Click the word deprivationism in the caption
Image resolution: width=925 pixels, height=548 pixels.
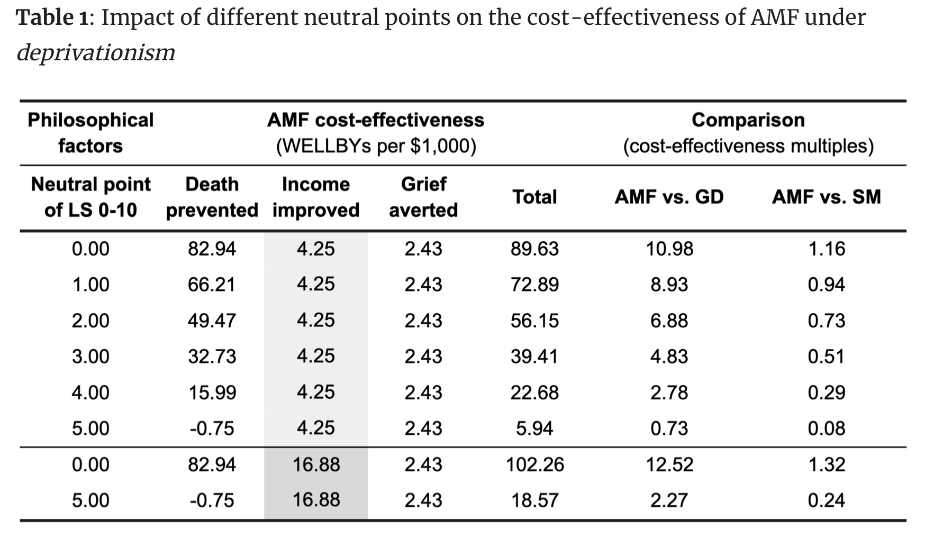coord(96,53)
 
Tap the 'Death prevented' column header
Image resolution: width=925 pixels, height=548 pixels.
coord(212,197)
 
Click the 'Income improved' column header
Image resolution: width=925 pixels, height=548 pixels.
coord(316,197)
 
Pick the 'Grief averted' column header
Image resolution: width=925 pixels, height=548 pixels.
coord(423,197)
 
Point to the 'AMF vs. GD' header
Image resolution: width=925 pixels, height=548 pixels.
coord(669,197)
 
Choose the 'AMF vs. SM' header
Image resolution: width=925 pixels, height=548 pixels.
coord(826,197)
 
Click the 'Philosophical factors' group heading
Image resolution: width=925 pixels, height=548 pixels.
coord(90,133)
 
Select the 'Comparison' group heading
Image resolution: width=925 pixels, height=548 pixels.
coord(748,120)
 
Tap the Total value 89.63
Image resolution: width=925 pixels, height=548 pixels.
coord(534,249)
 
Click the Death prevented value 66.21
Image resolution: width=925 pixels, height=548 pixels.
coord(212,285)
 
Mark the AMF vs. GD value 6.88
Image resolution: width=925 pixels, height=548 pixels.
coord(669,321)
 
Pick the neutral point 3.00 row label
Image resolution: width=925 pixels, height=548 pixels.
coord(90,357)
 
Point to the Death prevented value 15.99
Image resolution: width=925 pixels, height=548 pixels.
coord(212,392)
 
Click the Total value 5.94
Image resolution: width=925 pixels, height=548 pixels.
coord(534,428)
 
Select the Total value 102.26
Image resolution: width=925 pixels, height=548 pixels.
coord(534,464)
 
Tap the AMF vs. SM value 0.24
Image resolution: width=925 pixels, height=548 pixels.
coord(826,500)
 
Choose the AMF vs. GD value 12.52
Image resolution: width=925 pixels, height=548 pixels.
coord(669,464)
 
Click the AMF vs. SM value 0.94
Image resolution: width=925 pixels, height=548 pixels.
coord(826,285)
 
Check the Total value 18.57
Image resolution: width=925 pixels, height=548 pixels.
coord(534,500)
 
